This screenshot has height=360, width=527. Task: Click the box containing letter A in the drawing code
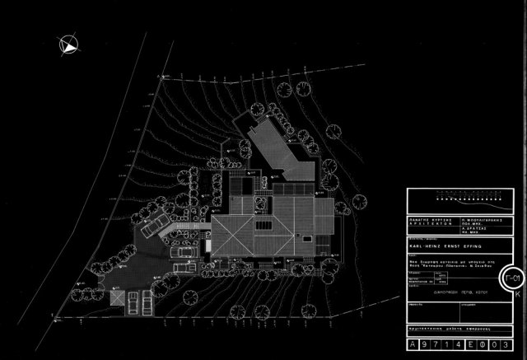pos(413,345)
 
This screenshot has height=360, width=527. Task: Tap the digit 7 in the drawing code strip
pos(436,345)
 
